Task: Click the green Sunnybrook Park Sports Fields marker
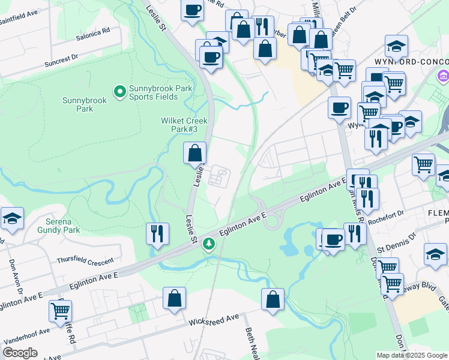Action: point(119,92)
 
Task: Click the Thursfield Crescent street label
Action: point(85,261)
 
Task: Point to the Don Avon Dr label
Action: point(11,274)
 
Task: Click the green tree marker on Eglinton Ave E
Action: point(209,244)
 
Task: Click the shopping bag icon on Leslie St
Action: point(195,153)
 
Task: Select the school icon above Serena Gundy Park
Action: point(12,220)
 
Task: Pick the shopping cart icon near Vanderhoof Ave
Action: point(60,311)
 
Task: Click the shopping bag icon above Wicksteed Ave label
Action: point(174,298)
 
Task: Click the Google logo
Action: point(20,353)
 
